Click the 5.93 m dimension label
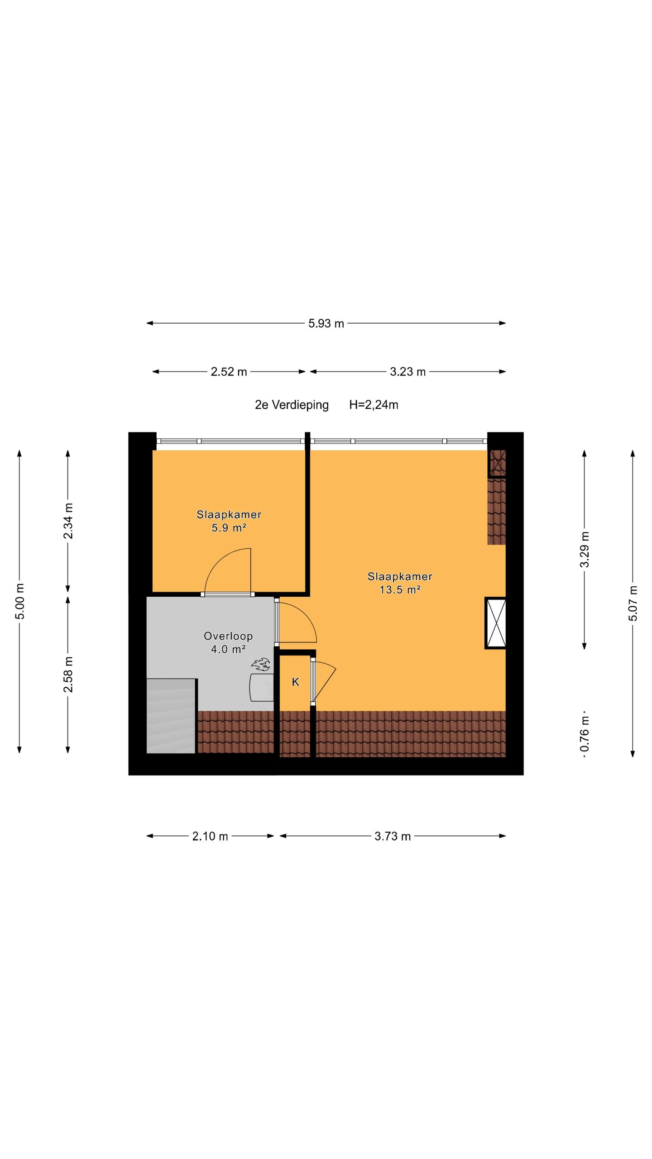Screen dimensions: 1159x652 (326, 323)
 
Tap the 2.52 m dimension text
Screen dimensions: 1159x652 (229, 372)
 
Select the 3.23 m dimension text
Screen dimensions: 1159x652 (407, 372)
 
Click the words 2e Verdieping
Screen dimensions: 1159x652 (292, 405)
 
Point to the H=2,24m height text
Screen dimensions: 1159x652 (374, 405)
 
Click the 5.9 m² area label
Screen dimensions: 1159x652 (229, 527)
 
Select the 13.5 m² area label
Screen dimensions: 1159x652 (400, 589)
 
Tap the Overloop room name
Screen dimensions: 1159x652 (228, 636)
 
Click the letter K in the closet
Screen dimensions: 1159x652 (296, 682)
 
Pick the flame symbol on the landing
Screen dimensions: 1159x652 (261, 665)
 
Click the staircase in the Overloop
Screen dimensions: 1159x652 (171, 715)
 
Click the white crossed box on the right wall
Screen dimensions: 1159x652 (496, 623)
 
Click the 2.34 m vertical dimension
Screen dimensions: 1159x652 (68, 521)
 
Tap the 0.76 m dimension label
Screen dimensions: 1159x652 (585, 732)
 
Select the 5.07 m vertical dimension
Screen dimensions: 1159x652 (633, 603)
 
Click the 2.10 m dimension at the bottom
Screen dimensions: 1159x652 (210, 836)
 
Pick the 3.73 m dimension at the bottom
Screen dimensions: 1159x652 (392, 836)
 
